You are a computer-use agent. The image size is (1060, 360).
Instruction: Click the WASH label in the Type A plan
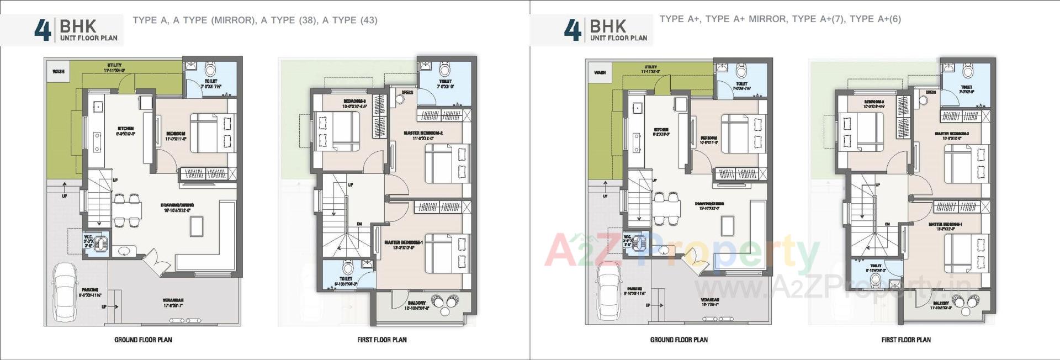click(x=58, y=72)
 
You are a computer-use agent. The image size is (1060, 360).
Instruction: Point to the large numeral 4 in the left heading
click(x=42, y=30)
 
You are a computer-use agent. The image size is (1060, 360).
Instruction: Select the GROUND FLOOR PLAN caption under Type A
click(x=143, y=340)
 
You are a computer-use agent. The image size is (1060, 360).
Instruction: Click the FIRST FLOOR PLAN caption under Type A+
click(x=906, y=340)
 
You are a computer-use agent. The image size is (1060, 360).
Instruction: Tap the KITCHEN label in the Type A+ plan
click(x=661, y=130)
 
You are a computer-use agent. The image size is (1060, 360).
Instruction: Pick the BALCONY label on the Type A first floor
click(x=417, y=303)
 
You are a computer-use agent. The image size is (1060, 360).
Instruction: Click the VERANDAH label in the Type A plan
click(x=173, y=300)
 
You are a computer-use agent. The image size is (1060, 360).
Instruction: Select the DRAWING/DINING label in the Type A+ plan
click(x=709, y=204)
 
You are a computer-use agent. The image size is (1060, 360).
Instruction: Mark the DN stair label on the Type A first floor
click(x=359, y=224)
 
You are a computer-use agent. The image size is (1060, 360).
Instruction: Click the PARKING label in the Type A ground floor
click(x=90, y=290)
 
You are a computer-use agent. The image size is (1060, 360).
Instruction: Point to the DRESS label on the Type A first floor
click(x=407, y=93)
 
